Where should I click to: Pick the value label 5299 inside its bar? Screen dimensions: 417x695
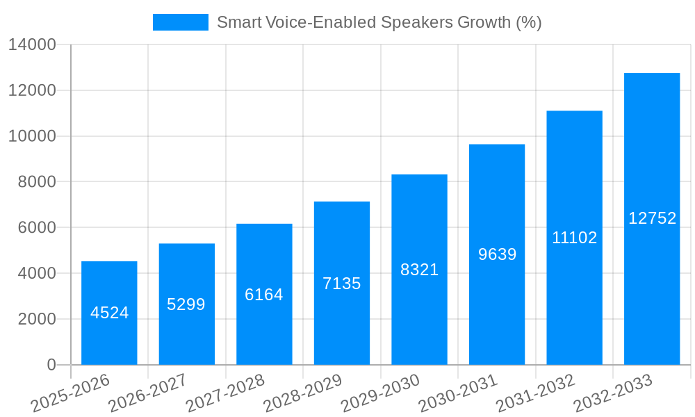pyautogui.click(x=186, y=304)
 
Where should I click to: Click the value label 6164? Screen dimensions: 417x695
pyautogui.click(x=264, y=295)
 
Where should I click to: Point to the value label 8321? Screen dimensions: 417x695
pyautogui.click(x=419, y=270)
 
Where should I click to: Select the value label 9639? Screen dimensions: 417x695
pyautogui.click(x=497, y=254)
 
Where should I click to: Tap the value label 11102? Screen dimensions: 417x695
pyautogui.click(x=575, y=238)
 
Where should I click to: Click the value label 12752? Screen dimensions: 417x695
pyautogui.click(x=652, y=218)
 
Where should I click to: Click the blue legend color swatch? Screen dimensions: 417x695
pyautogui.click(x=181, y=22)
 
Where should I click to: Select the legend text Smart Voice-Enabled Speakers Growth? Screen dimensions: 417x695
pyautogui.click(x=379, y=22)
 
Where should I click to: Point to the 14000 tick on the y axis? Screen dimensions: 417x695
pyautogui.click(x=31, y=45)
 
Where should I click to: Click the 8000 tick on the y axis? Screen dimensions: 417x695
pyautogui.click(x=36, y=182)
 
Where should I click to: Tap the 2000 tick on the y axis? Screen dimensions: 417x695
pyautogui.click(x=36, y=319)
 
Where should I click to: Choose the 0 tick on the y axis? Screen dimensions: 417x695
pyautogui.click(x=51, y=365)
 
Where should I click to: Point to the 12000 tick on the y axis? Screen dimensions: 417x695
pyautogui.click(x=31, y=91)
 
